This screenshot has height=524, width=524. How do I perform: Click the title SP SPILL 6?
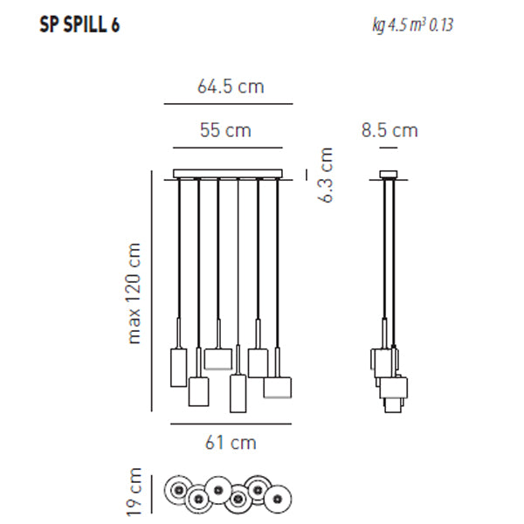tap(79, 25)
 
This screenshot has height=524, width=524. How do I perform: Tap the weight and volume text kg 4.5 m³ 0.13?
tap(413, 25)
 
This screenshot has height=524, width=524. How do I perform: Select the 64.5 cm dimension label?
tap(231, 86)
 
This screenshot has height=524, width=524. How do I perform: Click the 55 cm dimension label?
tap(225, 130)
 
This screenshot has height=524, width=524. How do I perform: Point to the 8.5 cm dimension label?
tap(390, 130)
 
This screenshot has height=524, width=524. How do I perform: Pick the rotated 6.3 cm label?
tap(326, 175)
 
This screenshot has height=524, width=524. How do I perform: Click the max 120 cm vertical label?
tap(134, 293)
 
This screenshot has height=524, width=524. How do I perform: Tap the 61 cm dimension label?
tap(231, 443)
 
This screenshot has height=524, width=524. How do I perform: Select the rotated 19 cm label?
tap(134, 492)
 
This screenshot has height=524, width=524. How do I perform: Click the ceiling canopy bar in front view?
tap(228, 174)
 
